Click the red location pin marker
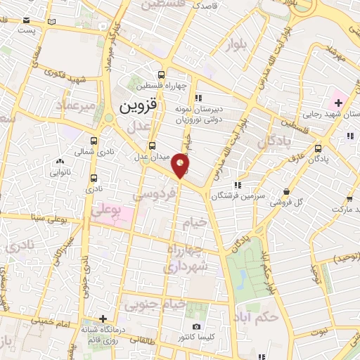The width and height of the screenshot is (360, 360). pyautogui.click(x=181, y=165)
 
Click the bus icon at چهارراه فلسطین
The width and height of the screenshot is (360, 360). pyautogui.click(x=162, y=75)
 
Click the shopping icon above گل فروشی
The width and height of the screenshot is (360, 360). pyautogui.click(x=286, y=192)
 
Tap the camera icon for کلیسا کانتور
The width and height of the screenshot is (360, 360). pyautogui.click(x=196, y=326)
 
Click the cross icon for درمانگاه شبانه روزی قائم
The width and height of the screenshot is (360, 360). pyautogui.click(x=103, y=319)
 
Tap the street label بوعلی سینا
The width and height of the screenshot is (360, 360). pyautogui.click(x=42, y=219)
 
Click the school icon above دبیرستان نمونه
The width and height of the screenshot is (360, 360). pyautogui.click(x=200, y=98)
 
